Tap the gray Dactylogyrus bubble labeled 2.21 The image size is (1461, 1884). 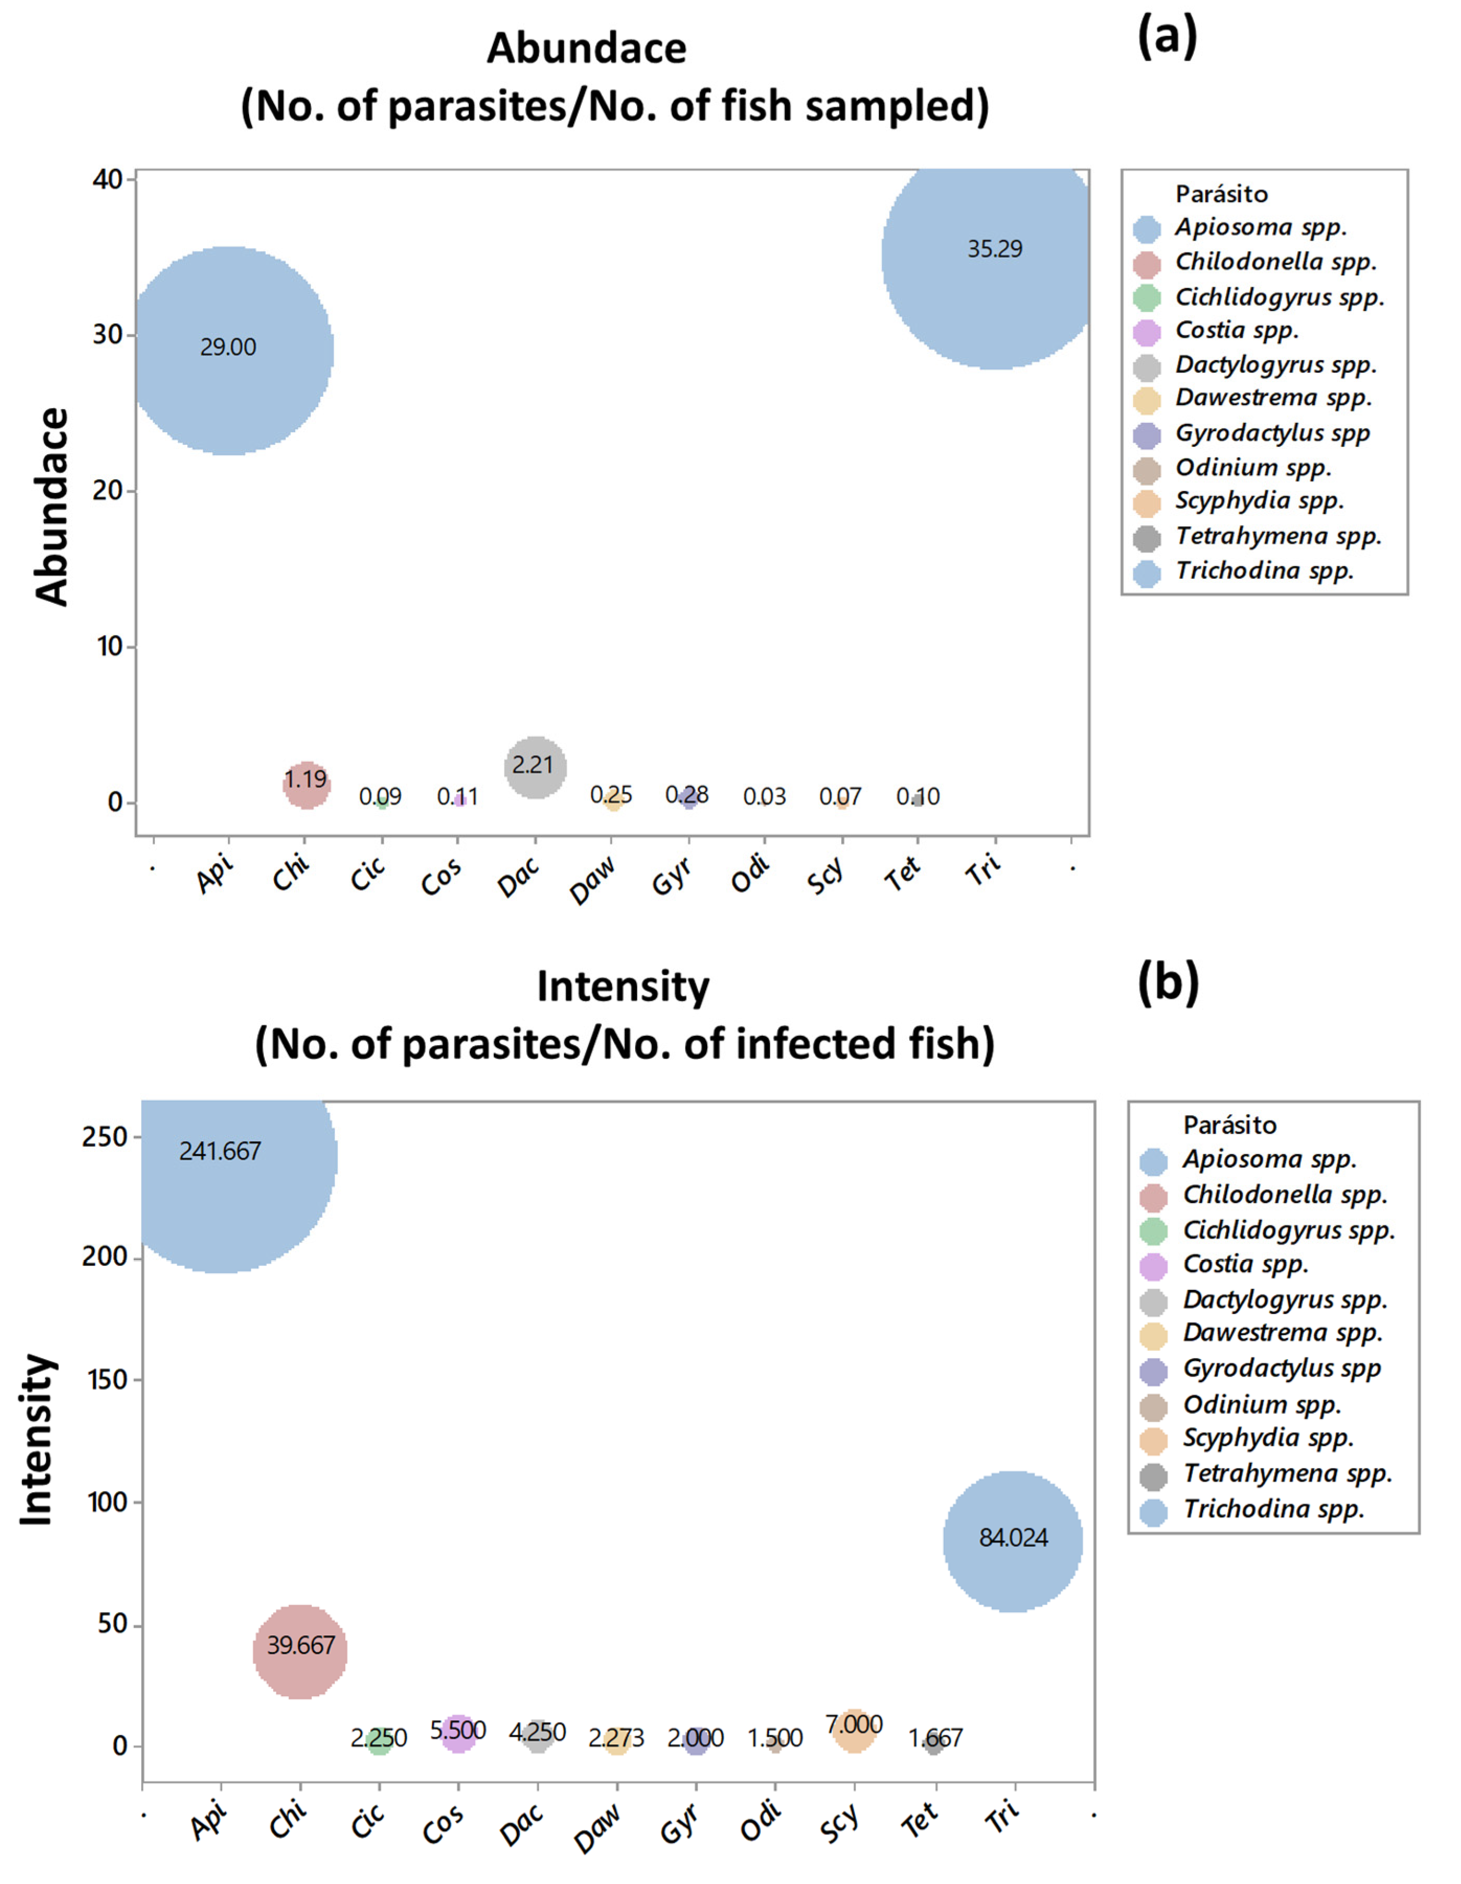pos(535,766)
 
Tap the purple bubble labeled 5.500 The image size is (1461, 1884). pos(458,1734)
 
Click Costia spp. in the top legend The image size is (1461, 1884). pos(1236,330)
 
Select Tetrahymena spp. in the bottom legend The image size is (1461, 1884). pos(1287,1473)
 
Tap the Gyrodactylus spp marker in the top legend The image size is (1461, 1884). pos(1147,435)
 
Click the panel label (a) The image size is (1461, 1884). pos(1167,39)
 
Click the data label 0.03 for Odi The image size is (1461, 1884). pos(764,796)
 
